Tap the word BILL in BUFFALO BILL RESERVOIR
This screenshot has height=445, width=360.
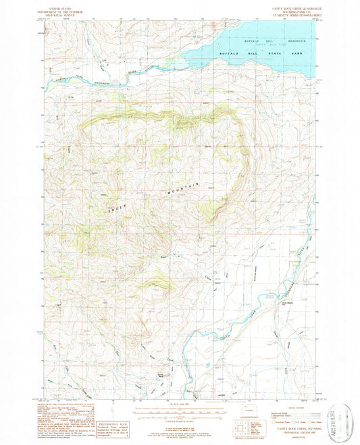[261, 41]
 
